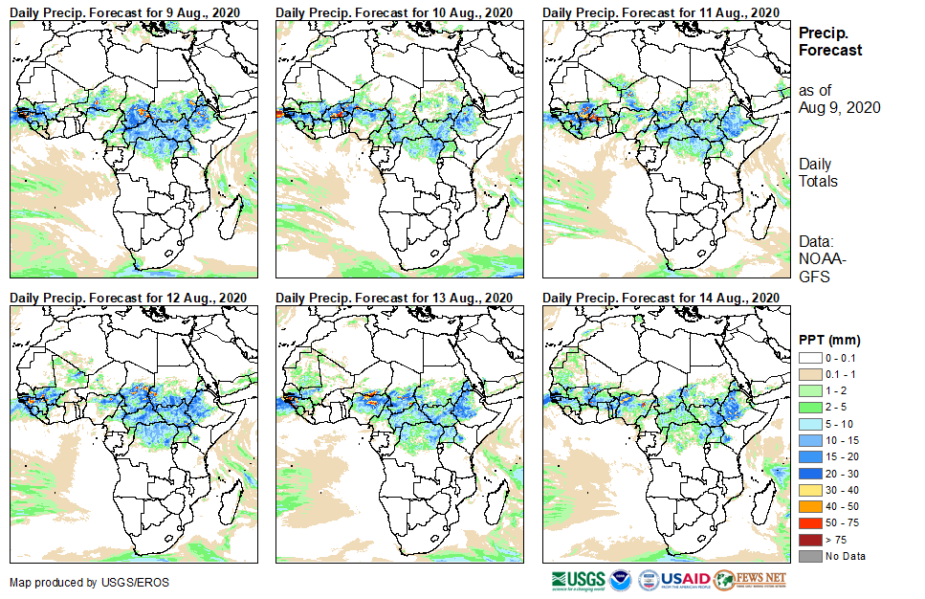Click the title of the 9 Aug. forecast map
(x=125, y=11)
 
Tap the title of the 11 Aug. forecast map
(x=660, y=11)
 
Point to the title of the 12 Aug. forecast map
(x=128, y=298)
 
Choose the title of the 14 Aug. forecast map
(x=660, y=298)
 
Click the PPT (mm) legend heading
(x=829, y=340)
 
